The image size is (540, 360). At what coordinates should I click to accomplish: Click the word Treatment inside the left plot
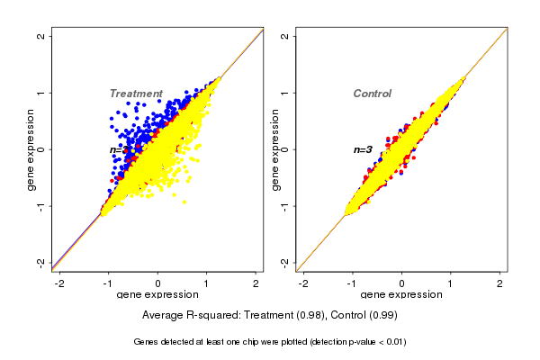pyautogui.click(x=136, y=94)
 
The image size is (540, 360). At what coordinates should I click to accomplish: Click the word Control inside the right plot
pyautogui.click(x=372, y=94)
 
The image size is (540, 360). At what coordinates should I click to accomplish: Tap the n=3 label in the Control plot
pyautogui.click(x=363, y=149)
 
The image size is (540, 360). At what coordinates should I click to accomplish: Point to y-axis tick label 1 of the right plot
pyautogui.click(x=285, y=93)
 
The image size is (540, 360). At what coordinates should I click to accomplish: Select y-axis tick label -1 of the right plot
pyautogui.click(x=285, y=206)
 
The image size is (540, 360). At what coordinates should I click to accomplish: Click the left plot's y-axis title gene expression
pyautogui.click(x=30, y=149)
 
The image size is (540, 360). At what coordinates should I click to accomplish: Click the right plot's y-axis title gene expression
pyautogui.click(x=274, y=149)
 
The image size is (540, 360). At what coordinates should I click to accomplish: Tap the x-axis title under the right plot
pyautogui.click(x=402, y=295)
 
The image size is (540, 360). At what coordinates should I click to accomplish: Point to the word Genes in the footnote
pyautogui.click(x=148, y=342)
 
